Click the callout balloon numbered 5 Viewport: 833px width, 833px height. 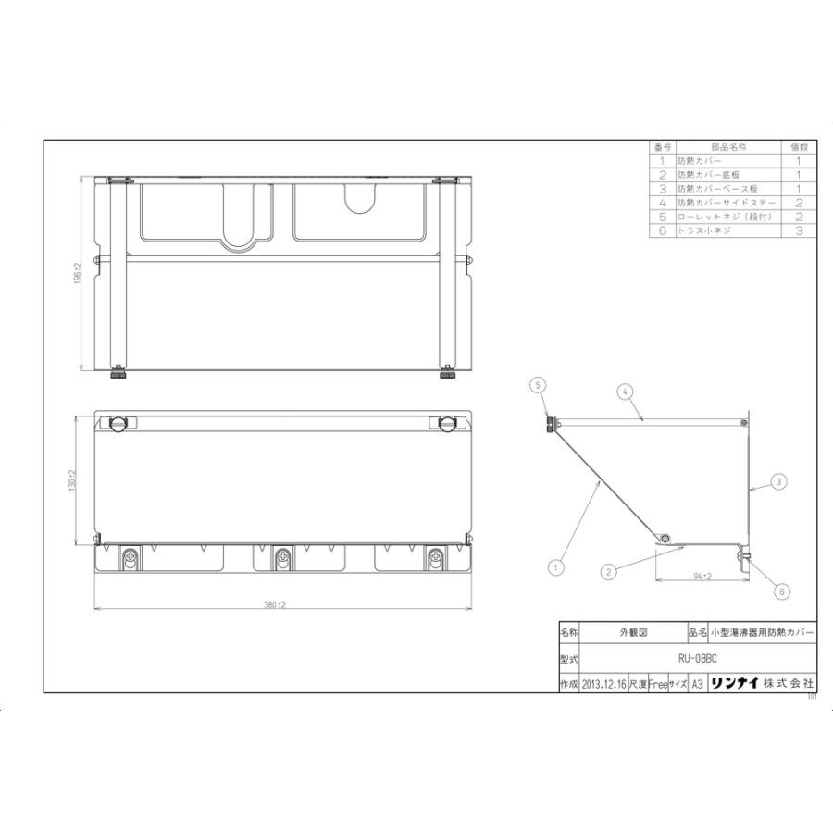click(535, 383)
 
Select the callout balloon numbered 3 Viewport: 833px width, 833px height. click(779, 481)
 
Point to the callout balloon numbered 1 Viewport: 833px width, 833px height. click(556, 562)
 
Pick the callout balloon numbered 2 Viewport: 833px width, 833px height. click(609, 572)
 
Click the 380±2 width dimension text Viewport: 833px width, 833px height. click(275, 604)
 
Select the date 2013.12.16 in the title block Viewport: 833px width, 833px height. click(603, 684)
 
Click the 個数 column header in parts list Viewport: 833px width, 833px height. click(799, 147)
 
